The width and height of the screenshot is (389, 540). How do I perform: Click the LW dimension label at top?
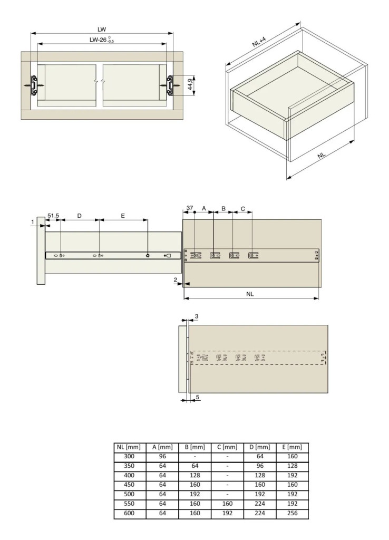click(x=102, y=30)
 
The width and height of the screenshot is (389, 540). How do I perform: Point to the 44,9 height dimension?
click(x=190, y=84)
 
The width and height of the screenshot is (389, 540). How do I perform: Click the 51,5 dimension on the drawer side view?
click(x=53, y=216)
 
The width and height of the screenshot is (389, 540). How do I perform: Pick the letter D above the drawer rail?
click(x=79, y=216)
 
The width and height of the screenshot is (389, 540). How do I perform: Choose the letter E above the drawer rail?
click(x=123, y=216)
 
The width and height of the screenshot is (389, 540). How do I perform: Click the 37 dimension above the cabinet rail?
click(x=190, y=208)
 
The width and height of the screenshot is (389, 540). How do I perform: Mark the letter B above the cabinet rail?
click(x=223, y=208)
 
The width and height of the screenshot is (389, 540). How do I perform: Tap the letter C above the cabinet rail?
click(x=242, y=209)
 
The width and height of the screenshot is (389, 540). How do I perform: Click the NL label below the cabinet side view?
click(x=250, y=294)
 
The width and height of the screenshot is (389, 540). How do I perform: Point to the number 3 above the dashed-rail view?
click(x=197, y=316)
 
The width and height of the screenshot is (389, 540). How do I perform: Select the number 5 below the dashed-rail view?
click(x=198, y=397)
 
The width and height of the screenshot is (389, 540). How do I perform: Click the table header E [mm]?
click(x=292, y=447)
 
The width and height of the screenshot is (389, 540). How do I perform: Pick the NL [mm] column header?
click(x=129, y=447)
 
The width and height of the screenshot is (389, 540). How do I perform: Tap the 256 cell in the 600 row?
click(x=292, y=513)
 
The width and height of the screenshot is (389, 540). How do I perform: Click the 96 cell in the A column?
click(x=162, y=456)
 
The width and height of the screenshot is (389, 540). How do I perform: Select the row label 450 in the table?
click(x=129, y=485)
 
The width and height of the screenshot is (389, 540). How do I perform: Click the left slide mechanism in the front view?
click(x=34, y=85)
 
